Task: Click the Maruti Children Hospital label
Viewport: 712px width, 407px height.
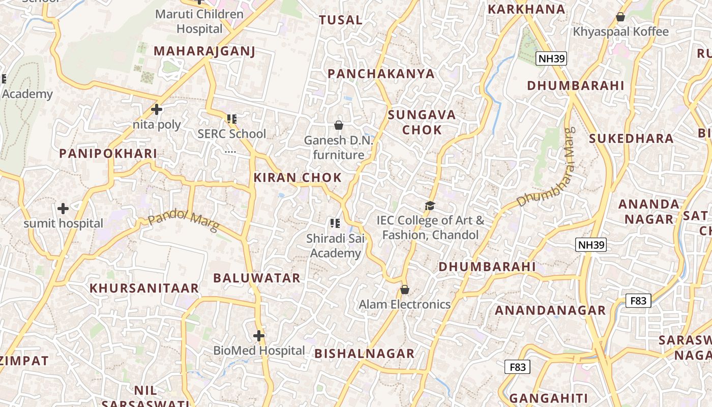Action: [199, 21]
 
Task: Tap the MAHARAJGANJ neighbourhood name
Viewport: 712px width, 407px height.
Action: [204, 51]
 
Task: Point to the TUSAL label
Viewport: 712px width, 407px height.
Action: [341, 20]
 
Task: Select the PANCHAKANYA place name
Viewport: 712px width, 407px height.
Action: [381, 74]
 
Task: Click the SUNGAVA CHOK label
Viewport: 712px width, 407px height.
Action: [422, 122]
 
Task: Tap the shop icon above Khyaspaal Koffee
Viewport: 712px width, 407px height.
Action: [620, 17]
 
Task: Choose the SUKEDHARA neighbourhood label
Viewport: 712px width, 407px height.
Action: [631, 138]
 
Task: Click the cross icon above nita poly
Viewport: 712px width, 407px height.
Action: [157, 109]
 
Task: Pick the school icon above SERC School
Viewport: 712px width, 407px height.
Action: [232, 119]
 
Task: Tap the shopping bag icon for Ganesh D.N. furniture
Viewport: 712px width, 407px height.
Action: [339, 125]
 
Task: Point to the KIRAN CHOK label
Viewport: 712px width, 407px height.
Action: [298, 178]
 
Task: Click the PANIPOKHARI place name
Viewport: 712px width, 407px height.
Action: [108, 154]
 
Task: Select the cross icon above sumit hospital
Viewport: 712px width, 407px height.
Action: [63, 209]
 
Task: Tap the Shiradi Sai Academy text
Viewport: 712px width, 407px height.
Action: [336, 246]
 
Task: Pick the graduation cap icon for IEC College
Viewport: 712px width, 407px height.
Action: [430, 206]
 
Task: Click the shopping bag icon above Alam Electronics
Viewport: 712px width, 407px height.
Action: [405, 290]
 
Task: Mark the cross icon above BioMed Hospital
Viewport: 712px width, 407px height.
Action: [259, 336]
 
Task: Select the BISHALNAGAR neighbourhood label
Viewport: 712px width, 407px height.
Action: [365, 354]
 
